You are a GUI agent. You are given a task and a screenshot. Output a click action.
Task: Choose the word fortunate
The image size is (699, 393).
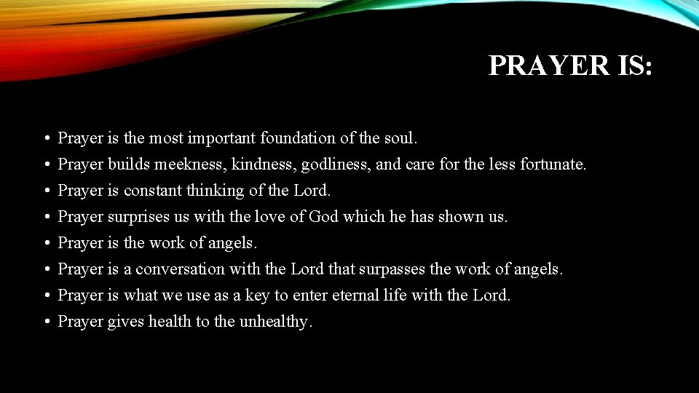point(553,164)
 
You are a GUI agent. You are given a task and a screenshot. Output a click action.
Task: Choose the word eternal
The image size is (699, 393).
point(358,295)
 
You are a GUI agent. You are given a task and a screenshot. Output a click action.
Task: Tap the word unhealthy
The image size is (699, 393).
point(275,321)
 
